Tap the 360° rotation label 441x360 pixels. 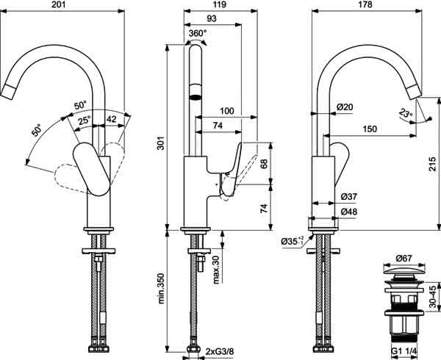tap(198, 33)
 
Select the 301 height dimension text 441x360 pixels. tap(160, 143)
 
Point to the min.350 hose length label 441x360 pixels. tap(161, 288)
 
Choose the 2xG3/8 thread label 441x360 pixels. tap(220, 351)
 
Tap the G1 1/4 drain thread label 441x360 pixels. tap(405, 351)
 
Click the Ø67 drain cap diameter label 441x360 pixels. tap(404, 259)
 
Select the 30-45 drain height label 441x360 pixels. tap(433, 297)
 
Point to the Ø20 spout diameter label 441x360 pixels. tap(345, 107)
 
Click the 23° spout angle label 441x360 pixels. tap(405, 114)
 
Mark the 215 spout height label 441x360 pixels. tap(434, 164)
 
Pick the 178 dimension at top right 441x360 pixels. tap(365, 4)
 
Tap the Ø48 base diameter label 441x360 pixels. tap(349, 212)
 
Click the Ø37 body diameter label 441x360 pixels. tap(349, 197)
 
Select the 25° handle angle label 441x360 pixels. tap(85, 121)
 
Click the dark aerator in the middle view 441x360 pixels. tap(196, 98)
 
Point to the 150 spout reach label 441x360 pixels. tap(370, 129)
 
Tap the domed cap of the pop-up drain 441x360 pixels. tap(404, 272)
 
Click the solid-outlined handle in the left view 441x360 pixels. tap(91, 169)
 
